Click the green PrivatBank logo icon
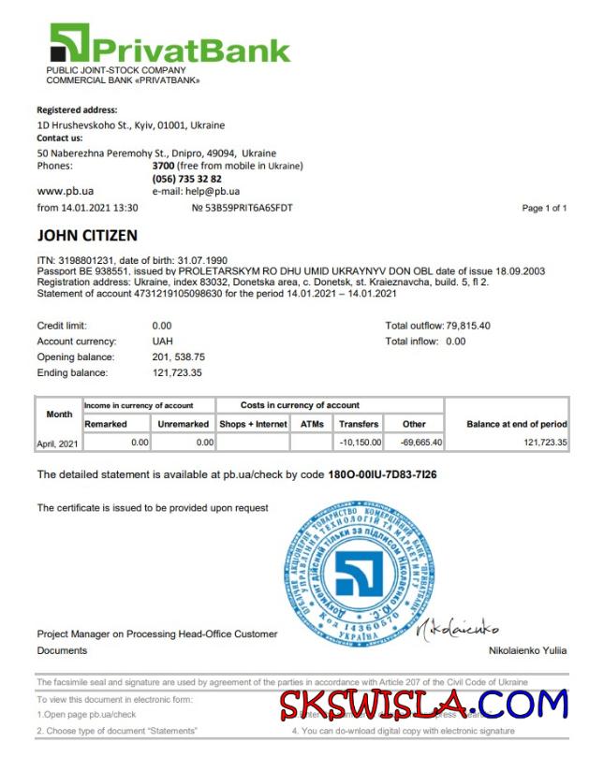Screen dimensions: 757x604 pyautogui.click(x=69, y=43)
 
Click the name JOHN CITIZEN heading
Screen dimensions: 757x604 pyautogui.click(x=87, y=236)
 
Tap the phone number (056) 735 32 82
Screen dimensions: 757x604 pyautogui.click(x=187, y=179)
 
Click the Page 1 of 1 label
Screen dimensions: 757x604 pyautogui.click(x=544, y=208)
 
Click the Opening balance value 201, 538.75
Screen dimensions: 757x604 pyautogui.click(x=178, y=357)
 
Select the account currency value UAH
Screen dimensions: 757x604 pyautogui.click(x=162, y=342)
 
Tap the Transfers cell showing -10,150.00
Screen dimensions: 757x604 pyautogui.click(x=360, y=443)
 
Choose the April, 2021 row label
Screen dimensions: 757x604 pyautogui.click(x=58, y=444)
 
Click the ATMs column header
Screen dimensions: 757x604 pyautogui.click(x=312, y=424)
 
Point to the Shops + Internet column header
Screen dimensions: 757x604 pyautogui.click(x=252, y=424)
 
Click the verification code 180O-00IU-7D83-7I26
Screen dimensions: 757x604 pyautogui.click(x=382, y=474)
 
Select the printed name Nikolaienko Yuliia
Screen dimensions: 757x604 pyautogui.click(x=527, y=650)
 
